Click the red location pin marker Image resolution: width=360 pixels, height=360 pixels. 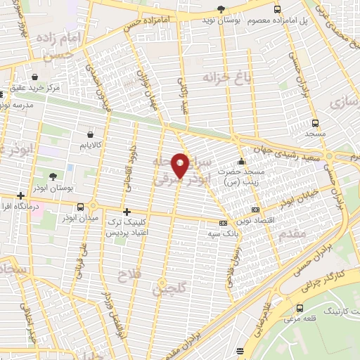[180, 165]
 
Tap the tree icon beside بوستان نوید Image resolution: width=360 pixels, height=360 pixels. [221, 9]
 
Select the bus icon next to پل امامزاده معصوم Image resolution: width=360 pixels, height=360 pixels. [277, 9]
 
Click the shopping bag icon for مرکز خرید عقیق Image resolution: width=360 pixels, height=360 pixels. [34, 76]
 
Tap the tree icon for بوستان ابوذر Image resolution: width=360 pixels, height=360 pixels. [53, 175]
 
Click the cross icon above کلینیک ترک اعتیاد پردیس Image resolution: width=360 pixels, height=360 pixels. [127, 212]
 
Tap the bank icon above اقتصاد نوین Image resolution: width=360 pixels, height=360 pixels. [255, 209]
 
